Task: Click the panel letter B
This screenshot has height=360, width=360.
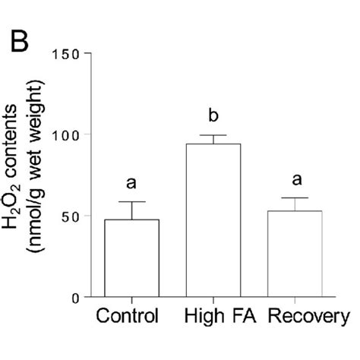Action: (18, 43)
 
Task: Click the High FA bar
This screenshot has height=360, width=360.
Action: (213, 220)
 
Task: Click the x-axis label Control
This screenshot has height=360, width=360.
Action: (127, 316)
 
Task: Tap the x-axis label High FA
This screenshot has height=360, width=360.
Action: (213, 316)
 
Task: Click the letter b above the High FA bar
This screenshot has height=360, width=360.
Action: (213, 116)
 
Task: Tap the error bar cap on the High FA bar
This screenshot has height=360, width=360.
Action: (213, 135)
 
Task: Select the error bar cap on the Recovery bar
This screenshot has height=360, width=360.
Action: (295, 197)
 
